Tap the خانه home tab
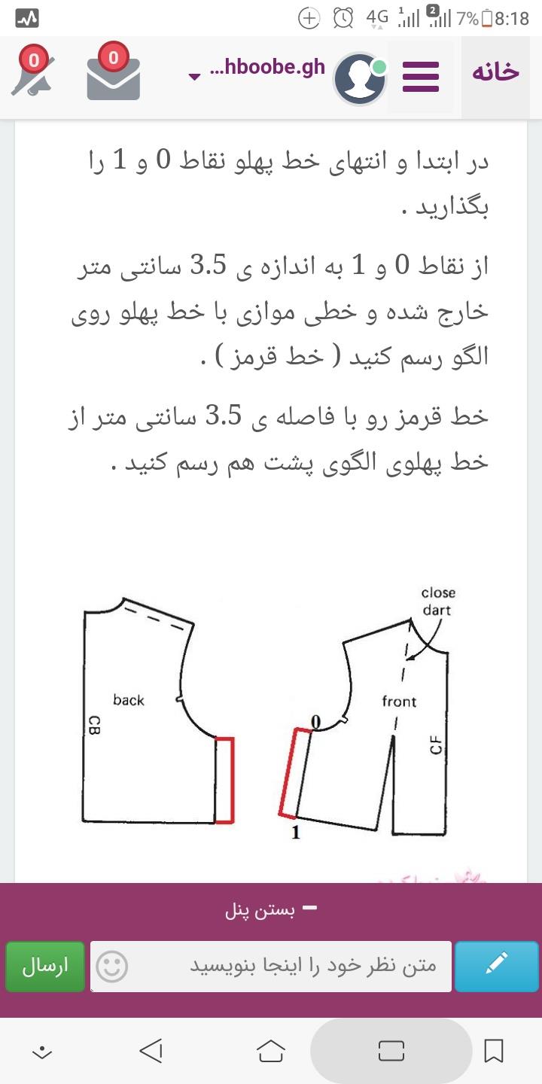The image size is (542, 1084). (495, 72)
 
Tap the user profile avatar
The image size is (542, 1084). (360, 78)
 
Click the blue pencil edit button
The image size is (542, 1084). (497, 966)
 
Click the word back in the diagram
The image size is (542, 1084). (129, 700)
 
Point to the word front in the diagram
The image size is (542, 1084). (399, 702)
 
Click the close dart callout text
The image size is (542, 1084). (437, 601)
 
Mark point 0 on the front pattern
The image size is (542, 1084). (316, 723)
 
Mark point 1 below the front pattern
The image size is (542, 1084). (296, 833)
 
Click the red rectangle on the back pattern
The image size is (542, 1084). (224, 780)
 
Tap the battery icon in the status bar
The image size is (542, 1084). (487, 18)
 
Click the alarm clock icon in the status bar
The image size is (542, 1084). (343, 18)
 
